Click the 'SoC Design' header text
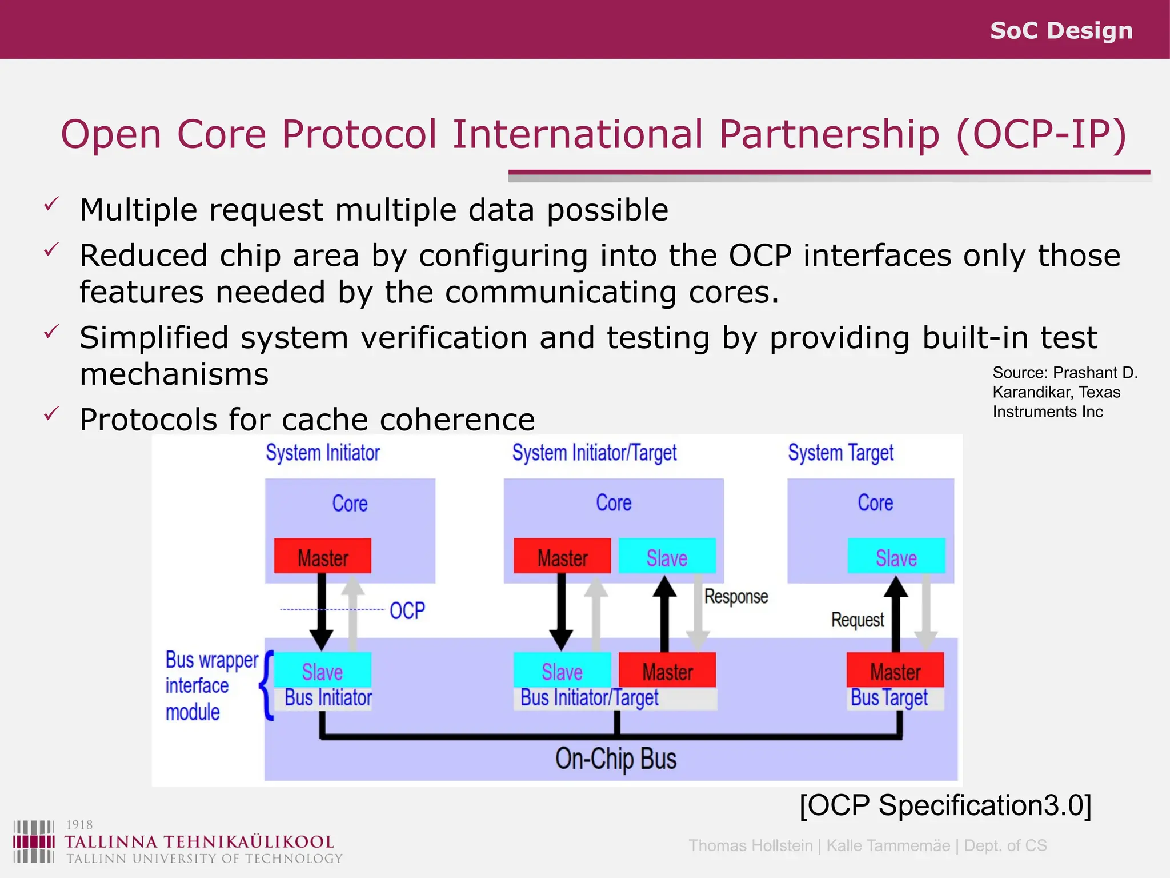coord(1061,30)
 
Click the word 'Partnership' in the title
coord(828,135)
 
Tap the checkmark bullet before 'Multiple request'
coord(51,204)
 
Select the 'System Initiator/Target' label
coord(594,453)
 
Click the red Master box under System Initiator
coord(322,557)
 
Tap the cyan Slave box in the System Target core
coord(896,557)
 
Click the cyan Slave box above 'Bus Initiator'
coord(322,671)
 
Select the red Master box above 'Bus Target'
coord(895,671)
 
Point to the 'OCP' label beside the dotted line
coord(407,610)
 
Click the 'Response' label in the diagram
coord(735,597)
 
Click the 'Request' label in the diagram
coord(857,620)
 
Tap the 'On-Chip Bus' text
coord(615,759)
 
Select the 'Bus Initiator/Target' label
coord(589,698)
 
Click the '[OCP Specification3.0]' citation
coord(945,805)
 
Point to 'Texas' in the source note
coord(1099,392)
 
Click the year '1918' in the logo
coord(79,825)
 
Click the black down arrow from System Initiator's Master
coord(322,612)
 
